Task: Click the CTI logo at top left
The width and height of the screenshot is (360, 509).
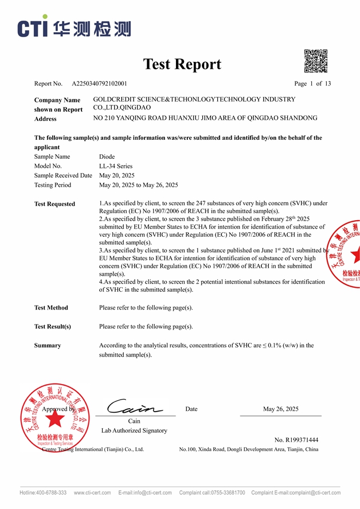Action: click(x=73, y=28)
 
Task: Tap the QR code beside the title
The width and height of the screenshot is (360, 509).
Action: click(x=315, y=61)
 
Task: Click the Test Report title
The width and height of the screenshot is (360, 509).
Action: click(x=182, y=64)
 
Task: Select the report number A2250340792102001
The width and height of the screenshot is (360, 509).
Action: click(x=99, y=84)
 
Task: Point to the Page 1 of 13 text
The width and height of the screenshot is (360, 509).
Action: click(x=312, y=84)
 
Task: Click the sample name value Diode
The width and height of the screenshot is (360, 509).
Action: click(x=107, y=156)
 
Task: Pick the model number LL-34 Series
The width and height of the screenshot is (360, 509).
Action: click(x=116, y=166)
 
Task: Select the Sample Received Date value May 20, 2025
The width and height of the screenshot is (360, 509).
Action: click(x=117, y=175)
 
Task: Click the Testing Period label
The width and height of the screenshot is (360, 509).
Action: click(x=53, y=185)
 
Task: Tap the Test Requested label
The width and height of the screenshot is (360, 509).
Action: click(x=54, y=204)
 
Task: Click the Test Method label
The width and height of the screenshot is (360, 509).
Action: click(x=51, y=308)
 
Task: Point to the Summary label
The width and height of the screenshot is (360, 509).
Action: click(x=48, y=346)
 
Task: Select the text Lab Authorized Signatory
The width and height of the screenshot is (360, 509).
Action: click(x=134, y=430)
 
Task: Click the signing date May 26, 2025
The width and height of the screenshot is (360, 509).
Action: click(x=280, y=409)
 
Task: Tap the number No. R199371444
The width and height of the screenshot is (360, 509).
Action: click(x=296, y=440)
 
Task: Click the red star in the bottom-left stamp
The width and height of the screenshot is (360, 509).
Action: click(x=55, y=419)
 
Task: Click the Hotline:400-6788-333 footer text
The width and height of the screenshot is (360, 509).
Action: click(x=43, y=493)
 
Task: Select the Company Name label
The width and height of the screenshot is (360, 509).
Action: click(x=57, y=100)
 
